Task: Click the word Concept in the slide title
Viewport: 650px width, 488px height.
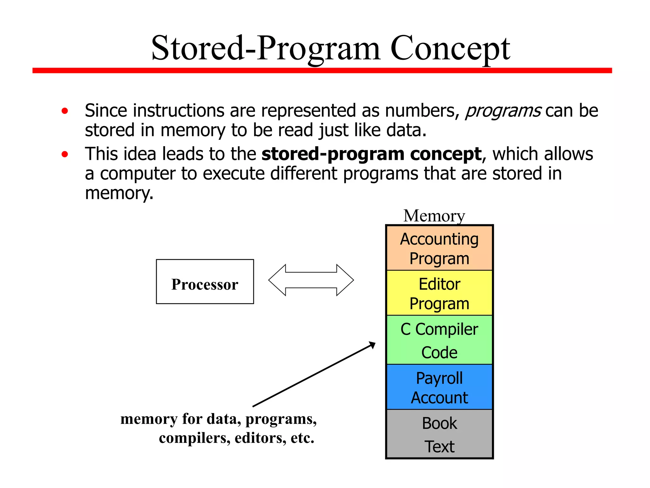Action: tap(450, 49)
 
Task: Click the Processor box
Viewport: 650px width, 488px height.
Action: tap(205, 282)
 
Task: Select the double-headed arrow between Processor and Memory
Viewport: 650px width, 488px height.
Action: tap(311, 280)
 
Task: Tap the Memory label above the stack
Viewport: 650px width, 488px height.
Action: tap(434, 216)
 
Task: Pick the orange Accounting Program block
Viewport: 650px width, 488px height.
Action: tap(439, 248)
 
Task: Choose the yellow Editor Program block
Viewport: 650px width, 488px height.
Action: tap(439, 293)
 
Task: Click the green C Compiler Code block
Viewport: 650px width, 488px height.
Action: tap(439, 340)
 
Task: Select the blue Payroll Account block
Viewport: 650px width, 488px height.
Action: tap(439, 387)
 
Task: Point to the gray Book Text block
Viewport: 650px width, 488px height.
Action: tap(439, 434)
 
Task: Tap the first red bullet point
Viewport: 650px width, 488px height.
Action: tap(65, 111)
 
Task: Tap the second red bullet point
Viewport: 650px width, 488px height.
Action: tap(65, 154)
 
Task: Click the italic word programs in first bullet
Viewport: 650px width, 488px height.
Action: tap(503, 111)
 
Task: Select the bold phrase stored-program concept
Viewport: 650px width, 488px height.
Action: tap(371, 154)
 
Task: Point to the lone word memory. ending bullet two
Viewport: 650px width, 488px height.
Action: tap(119, 193)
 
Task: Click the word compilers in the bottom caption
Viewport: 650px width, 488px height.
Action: tap(194, 438)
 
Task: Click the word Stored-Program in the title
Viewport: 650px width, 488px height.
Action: tap(266, 49)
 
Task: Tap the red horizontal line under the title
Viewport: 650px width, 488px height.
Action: tap(322, 71)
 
